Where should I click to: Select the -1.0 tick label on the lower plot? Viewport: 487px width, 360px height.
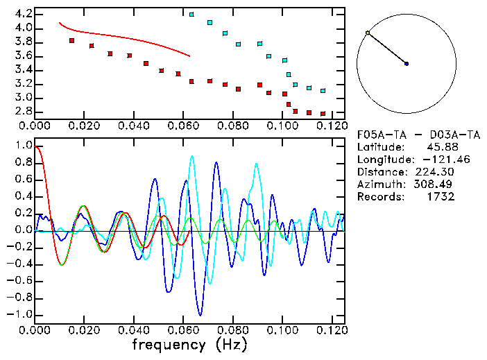pos(20,314)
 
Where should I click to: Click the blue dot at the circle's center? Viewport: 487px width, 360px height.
pos(407,64)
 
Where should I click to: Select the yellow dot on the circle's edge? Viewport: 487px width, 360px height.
pos(368,33)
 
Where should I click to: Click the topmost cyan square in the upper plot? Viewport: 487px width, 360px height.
pos(191,14)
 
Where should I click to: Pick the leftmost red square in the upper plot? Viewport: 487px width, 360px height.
pos(71,41)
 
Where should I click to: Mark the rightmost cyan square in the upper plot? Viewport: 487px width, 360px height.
pos(323,91)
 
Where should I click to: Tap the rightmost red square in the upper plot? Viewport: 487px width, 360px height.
pos(323,114)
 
